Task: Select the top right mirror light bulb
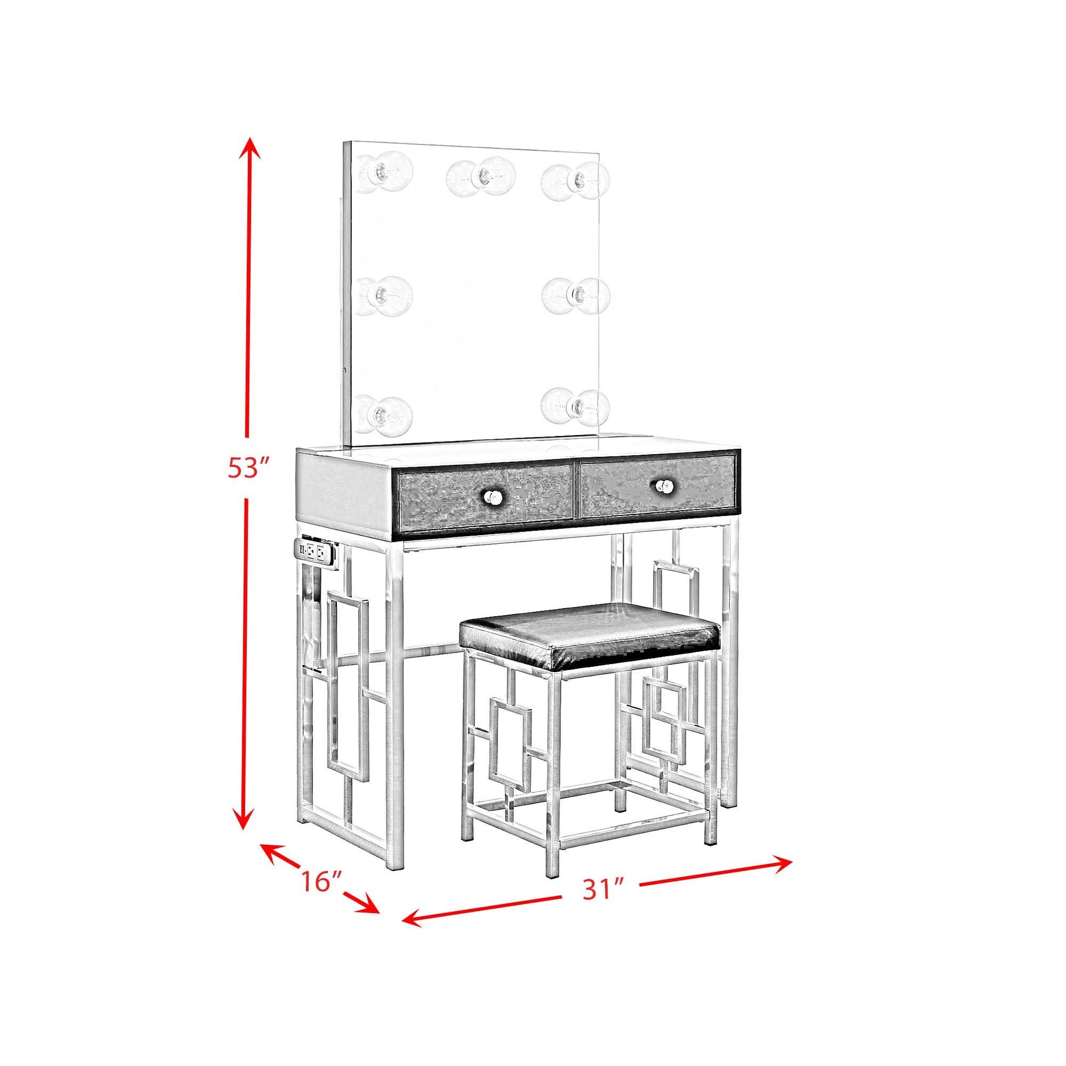pos(576,179)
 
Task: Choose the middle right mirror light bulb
pos(576,296)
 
